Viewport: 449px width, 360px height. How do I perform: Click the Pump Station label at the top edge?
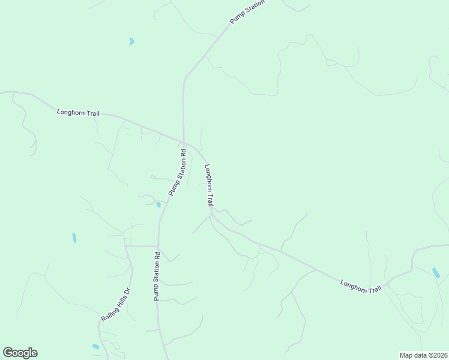pos(247,12)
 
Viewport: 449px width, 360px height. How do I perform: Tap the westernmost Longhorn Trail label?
pos(78,112)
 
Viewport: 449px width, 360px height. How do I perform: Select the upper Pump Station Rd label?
pos(178,172)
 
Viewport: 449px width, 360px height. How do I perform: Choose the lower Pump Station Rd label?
pos(156,276)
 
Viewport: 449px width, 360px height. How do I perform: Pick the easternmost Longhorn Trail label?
pos(361,286)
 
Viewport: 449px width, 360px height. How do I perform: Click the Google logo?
pos(20,353)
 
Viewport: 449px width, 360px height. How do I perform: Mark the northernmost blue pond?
pos(131,41)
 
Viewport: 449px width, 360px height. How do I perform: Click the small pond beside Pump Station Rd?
pos(158,205)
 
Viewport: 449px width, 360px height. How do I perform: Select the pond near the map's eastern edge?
pos(436,273)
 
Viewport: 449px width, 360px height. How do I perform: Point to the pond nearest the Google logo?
pos(95,347)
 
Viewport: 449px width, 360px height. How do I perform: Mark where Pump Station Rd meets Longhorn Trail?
pos(183,142)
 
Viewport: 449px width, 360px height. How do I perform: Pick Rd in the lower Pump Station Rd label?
pos(157,256)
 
